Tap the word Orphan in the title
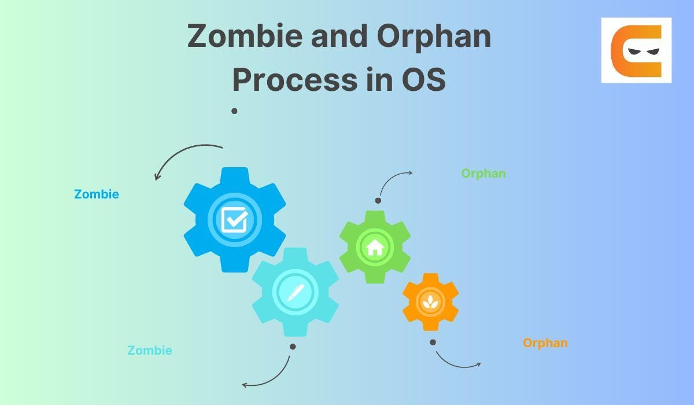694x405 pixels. coord(434,36)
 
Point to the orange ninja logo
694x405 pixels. coord(636,50)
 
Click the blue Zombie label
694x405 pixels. coord(97,194)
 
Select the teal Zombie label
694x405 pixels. coord(150,350)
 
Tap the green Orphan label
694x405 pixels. coord(483,173)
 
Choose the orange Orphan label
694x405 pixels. coord(545,343)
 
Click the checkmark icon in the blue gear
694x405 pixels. coord(235,219)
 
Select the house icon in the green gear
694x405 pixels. coord(375,247)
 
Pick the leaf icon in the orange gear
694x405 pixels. coord(430,301)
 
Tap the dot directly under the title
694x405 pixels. coord(234,111)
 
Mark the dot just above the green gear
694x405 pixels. coord(378,201)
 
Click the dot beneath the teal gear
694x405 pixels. coord(293,347)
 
